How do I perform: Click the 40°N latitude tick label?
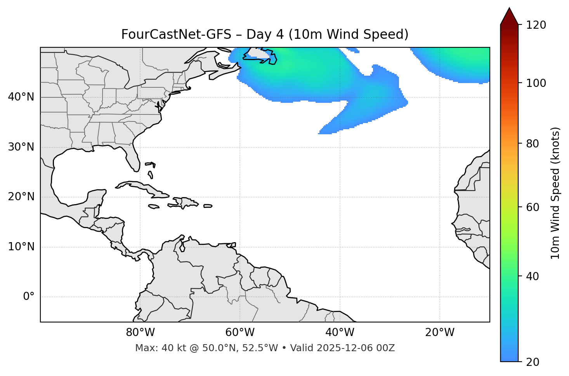[x=21, y=97]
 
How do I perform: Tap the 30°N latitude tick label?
[x=21, y=147]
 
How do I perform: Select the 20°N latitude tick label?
[x=21, y=197]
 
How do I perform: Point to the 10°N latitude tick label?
[x=21, y=247]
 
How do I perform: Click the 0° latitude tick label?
[x=29, y=297]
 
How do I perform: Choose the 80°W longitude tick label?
[x=140, y=333]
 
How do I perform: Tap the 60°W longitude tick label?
[x=240, y=333]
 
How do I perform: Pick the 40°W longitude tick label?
[x=340, y=333]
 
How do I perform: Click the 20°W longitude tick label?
[x=440, y=333]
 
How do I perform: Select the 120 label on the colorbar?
[x=536, y=25]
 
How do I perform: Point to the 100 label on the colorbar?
[x=536, y=83]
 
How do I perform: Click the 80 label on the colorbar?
[x=532, y=144]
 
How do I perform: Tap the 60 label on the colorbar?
[x=532, y=207]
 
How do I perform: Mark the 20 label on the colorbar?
[x=532, y=362]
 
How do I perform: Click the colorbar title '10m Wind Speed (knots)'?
[x=555, y=193]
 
